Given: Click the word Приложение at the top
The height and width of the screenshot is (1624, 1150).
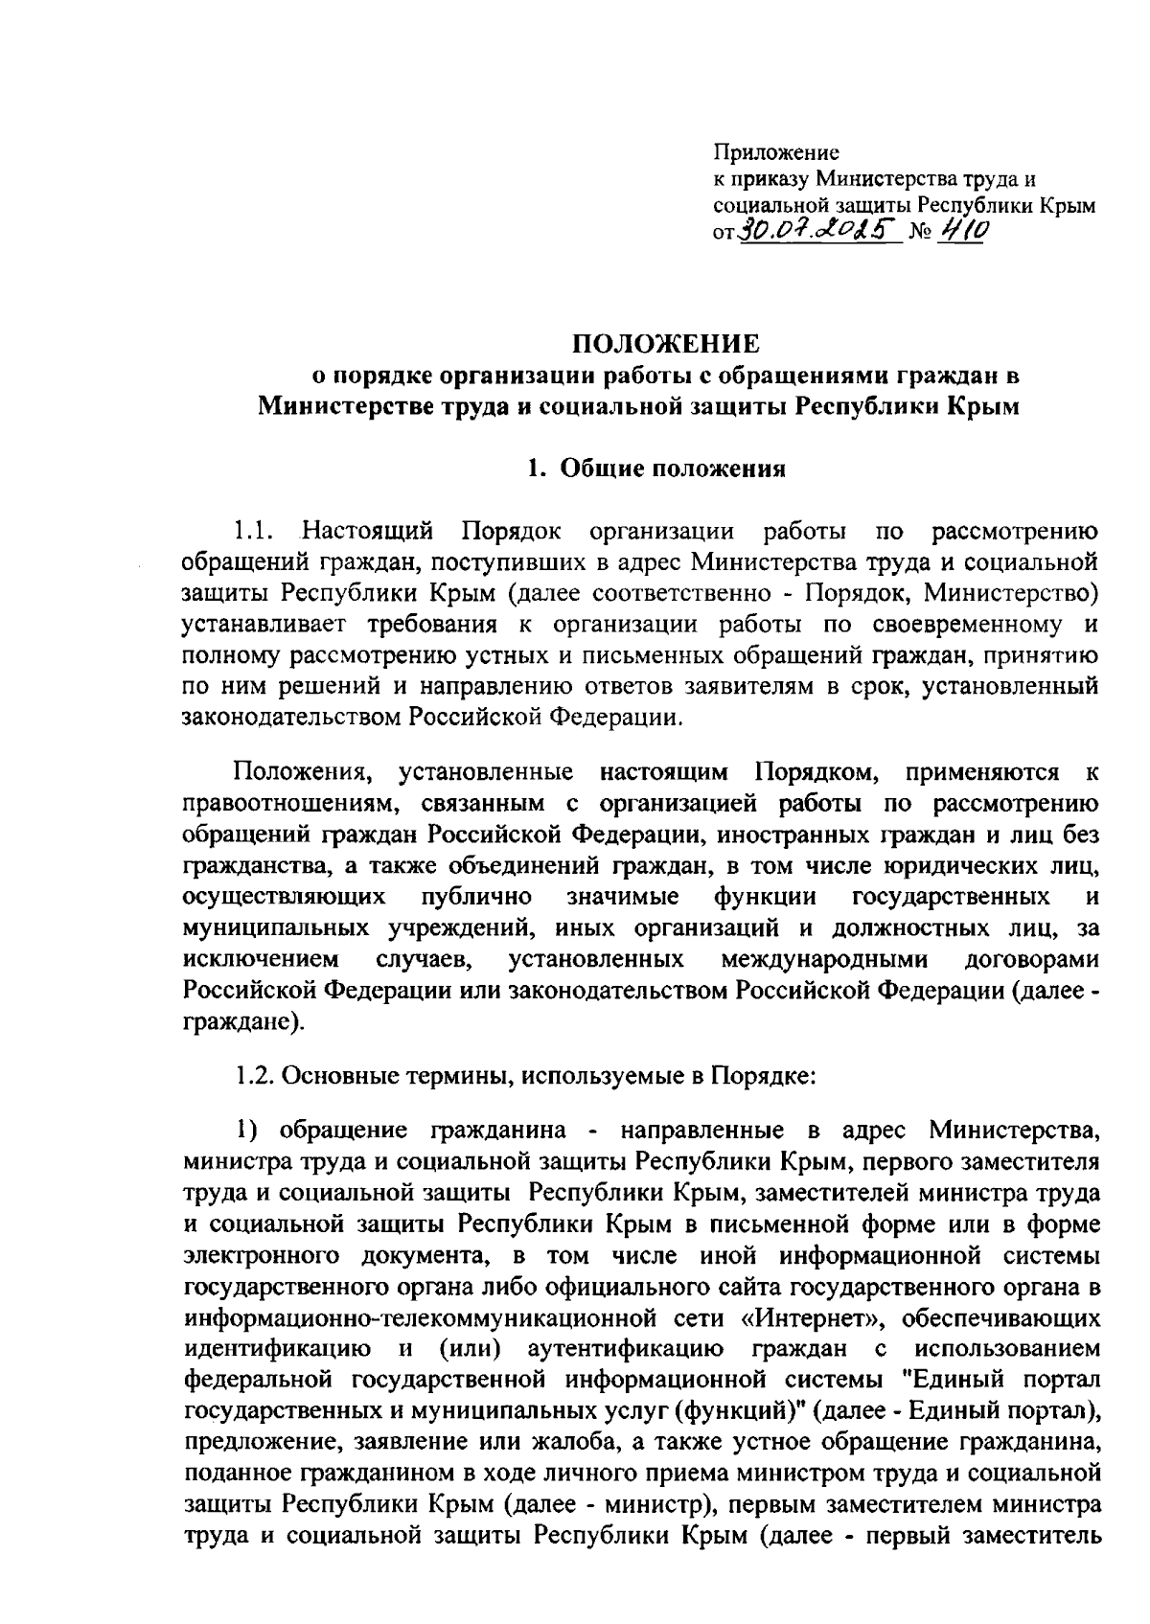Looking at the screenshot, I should [776, 152].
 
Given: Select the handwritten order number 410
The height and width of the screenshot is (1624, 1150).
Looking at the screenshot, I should [965, 231].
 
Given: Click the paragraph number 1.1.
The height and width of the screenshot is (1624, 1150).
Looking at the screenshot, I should [256, 531].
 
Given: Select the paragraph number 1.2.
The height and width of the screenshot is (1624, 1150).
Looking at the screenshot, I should [256, 1075].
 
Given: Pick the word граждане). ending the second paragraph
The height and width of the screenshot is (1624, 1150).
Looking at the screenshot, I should [243, 1022].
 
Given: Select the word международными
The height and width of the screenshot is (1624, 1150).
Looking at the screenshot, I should [823, 960].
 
